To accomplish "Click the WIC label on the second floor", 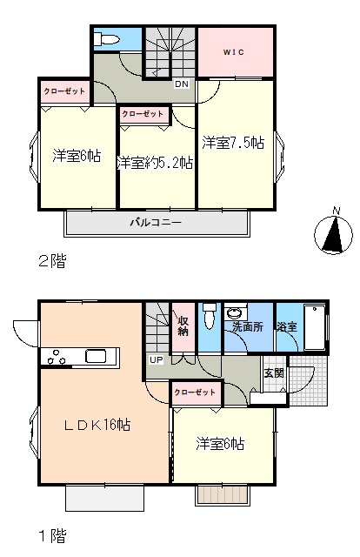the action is click(x=234, y=52).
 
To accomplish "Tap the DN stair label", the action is click(x=182, y=84).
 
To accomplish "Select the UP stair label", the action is click(x=156, y=359).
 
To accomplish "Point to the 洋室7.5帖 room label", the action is click(x=233, y=143).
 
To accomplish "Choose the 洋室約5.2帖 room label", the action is click(x=155, y=163).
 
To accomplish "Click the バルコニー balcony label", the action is click(x=156, y=223).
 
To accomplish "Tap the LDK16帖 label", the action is click(x=97, y=425).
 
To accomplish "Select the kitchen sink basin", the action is click(x=96, y=356).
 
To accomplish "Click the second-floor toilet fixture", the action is click(x=106, y=38).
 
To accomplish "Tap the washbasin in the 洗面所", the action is click(x=235, y=313).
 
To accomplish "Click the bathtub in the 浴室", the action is click(x=315, y=327).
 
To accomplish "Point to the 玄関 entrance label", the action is click(x=275, y=373).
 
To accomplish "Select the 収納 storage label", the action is click(x=183, y=325).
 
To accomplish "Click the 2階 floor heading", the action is click(x=52, y=261).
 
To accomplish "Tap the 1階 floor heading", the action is click(x=52, y=536).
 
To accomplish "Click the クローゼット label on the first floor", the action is click(x=195, y=393).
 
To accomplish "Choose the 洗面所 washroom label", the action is click(x=248, y=326).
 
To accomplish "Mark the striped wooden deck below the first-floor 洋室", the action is click(x=223, y=493).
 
